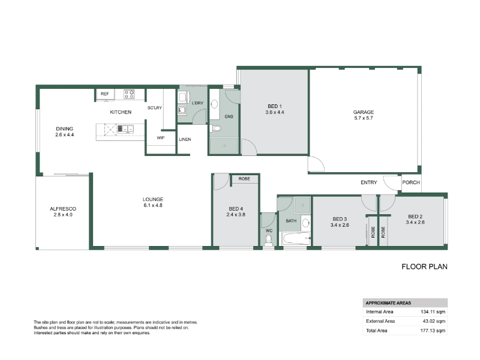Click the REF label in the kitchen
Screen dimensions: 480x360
click(x=104, y=94)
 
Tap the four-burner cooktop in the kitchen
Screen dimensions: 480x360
click(x=129, y=94)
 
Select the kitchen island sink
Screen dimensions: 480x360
click(x=125, y=129)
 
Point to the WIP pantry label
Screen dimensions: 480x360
click(x=160, y=138)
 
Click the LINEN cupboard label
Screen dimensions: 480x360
click(x=185, y=139)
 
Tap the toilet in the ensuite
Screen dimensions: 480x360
click(x=215, y=128)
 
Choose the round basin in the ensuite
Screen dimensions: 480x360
click(x=214, y=104)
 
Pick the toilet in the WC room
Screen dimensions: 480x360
click(x=268, y=239)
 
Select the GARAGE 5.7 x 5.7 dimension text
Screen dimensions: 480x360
click(x=364, y=118)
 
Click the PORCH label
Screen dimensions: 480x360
click(x=411, y=182)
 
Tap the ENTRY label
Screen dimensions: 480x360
click(x=368, y=182)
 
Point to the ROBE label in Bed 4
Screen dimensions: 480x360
click(x=244, y=178)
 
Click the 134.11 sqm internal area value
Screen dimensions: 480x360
click(x=433, y=311)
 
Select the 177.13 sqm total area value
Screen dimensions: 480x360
click(x=433, y=331)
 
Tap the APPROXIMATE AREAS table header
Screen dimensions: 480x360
click(x=388, y=303)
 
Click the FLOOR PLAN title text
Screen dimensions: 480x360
click(x=424, y=266)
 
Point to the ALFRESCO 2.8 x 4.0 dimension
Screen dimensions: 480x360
click(x=63, y=215)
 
